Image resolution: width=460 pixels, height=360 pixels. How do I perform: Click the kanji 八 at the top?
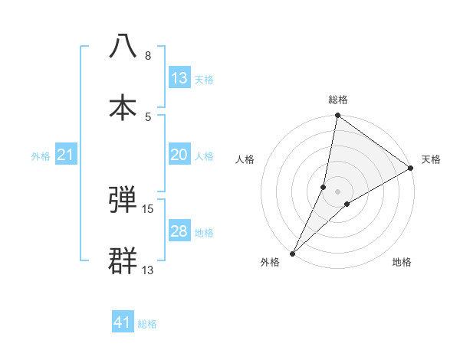[x=123, y=47]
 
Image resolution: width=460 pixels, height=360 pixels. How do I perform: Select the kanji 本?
[x=123, y=106]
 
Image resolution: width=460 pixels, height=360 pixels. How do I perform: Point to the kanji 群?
[x=123, y=260]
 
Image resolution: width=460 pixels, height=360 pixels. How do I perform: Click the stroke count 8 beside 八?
[x=148, y=56]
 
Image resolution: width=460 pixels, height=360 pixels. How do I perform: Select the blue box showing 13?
[x=179, y=78]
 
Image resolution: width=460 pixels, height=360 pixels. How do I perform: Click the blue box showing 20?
[x=179, y=155]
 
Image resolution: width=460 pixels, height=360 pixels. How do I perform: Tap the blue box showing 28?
[x=179, y=231]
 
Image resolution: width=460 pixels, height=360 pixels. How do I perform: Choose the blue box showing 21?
[x=66, y=155]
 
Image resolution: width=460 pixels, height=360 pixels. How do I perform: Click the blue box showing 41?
[x=123, y=322]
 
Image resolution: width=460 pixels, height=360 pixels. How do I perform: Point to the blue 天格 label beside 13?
[x=204, y=79]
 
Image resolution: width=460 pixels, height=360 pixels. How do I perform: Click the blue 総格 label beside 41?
[x=147, y=324]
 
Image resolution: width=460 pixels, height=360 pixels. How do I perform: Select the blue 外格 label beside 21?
[x=41, y=155]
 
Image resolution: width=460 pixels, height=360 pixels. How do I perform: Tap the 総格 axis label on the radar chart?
[x=338, y=100]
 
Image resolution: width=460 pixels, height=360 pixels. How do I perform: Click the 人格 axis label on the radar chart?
[x=245, y=159]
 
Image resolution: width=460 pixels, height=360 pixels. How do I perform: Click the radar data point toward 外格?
[x=293, y=253]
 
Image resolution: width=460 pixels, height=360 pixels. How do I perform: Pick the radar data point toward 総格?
[x=337, y=116]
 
